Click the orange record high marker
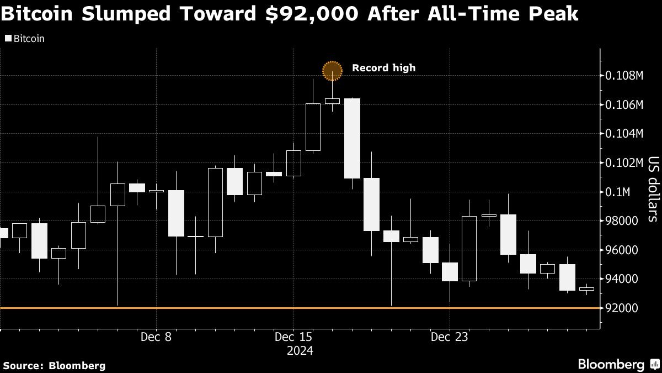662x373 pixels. click(332, 70)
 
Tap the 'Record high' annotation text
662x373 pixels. click(383, 68)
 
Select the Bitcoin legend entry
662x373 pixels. click(24, 39)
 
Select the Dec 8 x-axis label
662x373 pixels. click(157, 337)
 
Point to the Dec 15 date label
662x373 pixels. click(293, 337)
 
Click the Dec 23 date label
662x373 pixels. click(450, 337)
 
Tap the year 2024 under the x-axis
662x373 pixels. click(300, 350)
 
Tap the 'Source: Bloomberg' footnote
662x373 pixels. click(54, 365)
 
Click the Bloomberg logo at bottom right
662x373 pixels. click(611, 364)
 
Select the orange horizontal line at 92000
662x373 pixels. click(221, 308)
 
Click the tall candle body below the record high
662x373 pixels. click(352, 138)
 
